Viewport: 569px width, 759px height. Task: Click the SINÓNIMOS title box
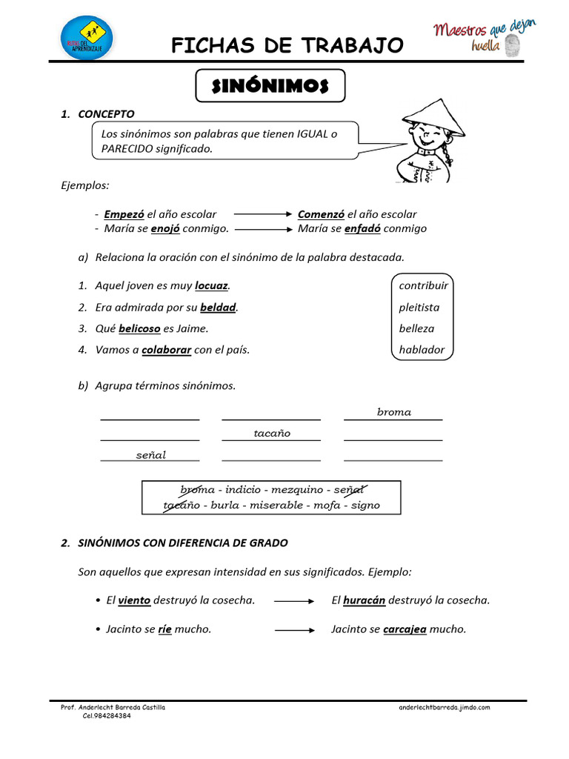click(270, 86)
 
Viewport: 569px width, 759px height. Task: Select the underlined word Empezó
click(124, 214)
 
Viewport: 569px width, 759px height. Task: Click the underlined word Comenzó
click(321, 214)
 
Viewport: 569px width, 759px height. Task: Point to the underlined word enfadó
click(362, 228)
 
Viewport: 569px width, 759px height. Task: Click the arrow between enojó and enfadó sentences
click(263, 229)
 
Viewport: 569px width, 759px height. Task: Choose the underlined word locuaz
click(211, 285)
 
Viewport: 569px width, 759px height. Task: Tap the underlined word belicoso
click(139, 328)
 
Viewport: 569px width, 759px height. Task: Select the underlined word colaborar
click(167, 350)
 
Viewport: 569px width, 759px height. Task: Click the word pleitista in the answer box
click(419, 307)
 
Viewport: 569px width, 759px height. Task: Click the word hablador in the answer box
click(422, 350)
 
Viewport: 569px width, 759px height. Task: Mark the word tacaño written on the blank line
click(272, 433)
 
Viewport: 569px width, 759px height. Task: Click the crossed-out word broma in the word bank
click(197, 489)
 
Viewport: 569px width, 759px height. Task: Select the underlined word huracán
click(364, 600)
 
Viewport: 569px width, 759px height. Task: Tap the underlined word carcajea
click(405, 629)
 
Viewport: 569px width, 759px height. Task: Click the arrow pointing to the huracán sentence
click(294, 601)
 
